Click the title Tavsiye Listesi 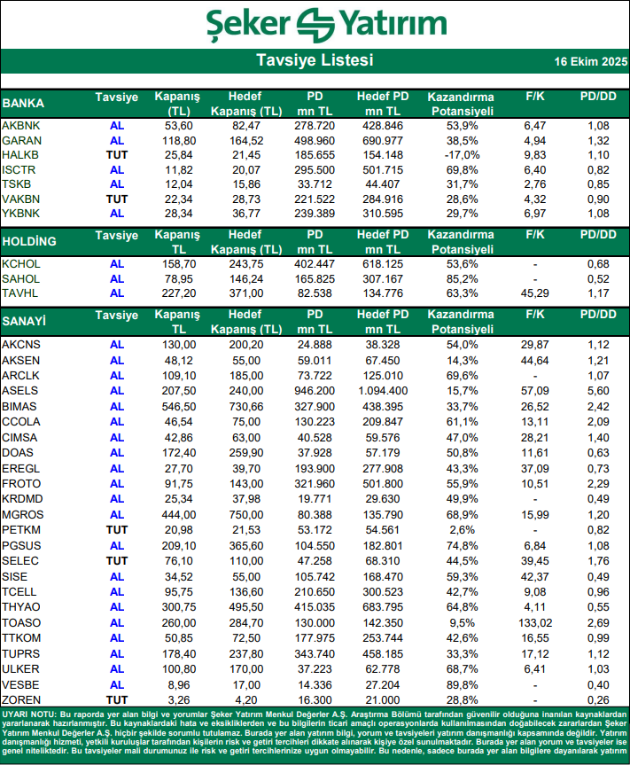tap(315, 60)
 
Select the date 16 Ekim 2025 tap(590, 62)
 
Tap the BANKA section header tap(24, 103)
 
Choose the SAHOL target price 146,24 tap(245, 278)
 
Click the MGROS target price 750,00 tap(245, 514)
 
